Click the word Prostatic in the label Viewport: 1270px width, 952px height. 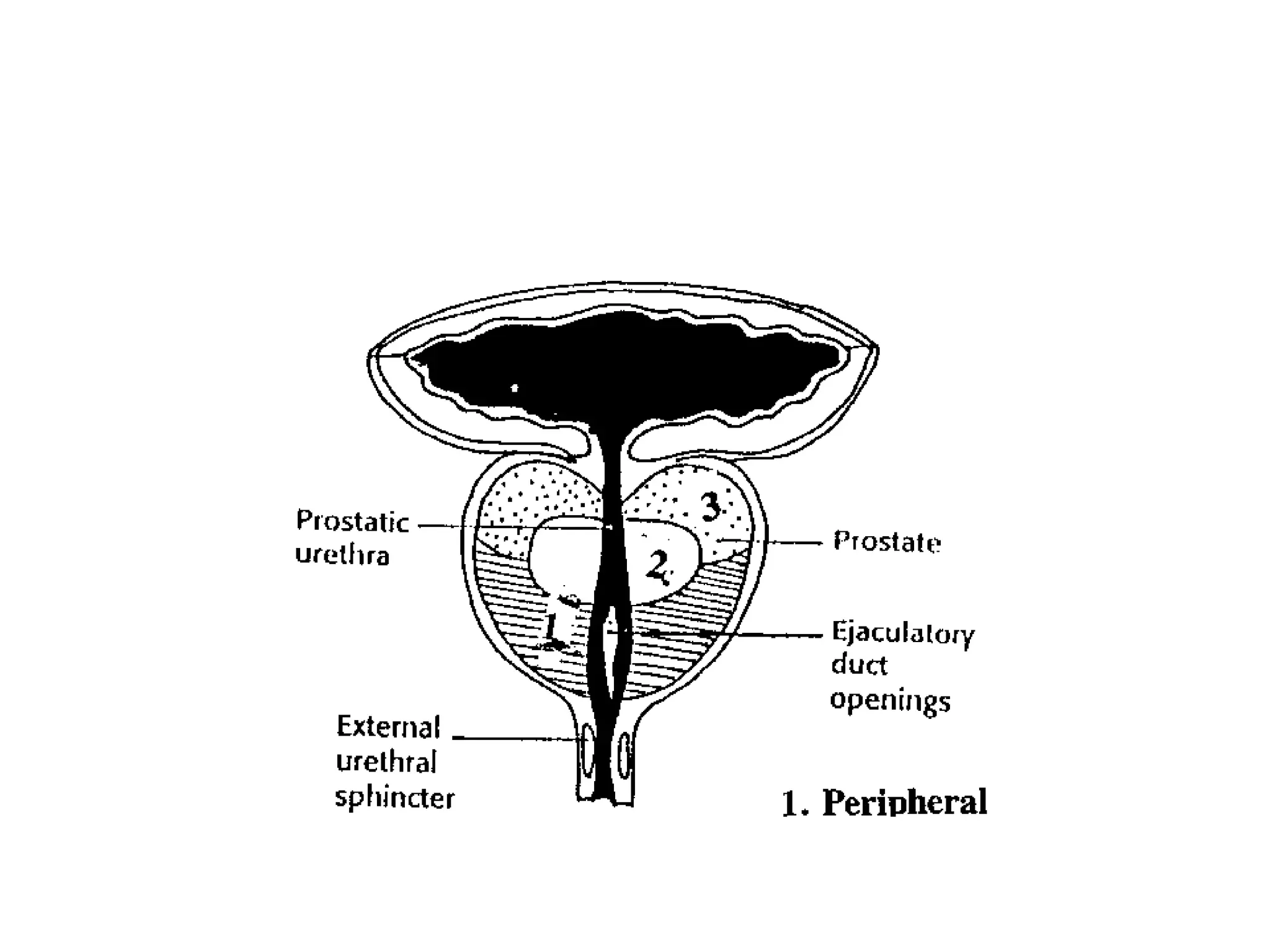(352, 522)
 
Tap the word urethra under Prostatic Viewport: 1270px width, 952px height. (342, 555)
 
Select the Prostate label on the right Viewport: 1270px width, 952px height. (887, 542)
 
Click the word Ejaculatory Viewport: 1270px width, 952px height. (903, 633)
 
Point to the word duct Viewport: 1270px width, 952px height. (859, 665)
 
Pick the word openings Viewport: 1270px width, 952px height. (890, 700)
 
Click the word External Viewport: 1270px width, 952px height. (388, 727)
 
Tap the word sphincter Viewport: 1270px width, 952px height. (395, 798)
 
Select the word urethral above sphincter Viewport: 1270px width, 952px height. (386, 762)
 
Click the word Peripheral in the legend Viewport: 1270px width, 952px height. (905, 803)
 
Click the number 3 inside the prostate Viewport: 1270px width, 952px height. (711, 508)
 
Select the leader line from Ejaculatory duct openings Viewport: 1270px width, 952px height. (769, 635)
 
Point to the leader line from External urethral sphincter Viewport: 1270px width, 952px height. (515, 738)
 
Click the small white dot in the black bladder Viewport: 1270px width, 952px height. (514, 389)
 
